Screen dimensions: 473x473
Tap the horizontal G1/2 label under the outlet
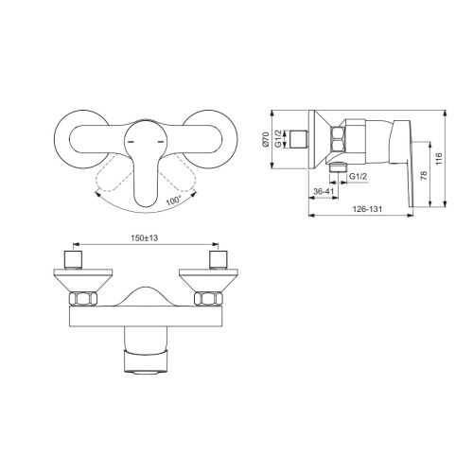pos(359,177)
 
